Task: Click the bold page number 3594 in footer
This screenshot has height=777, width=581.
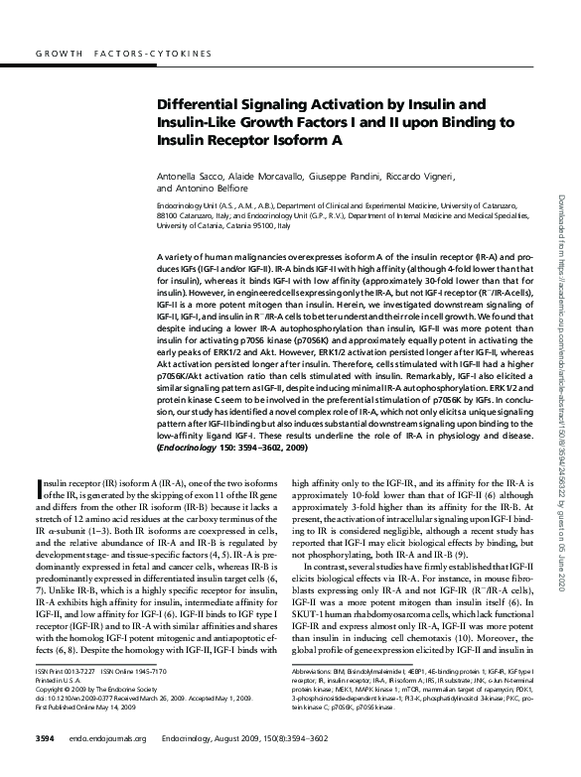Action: tap(46, 738)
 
